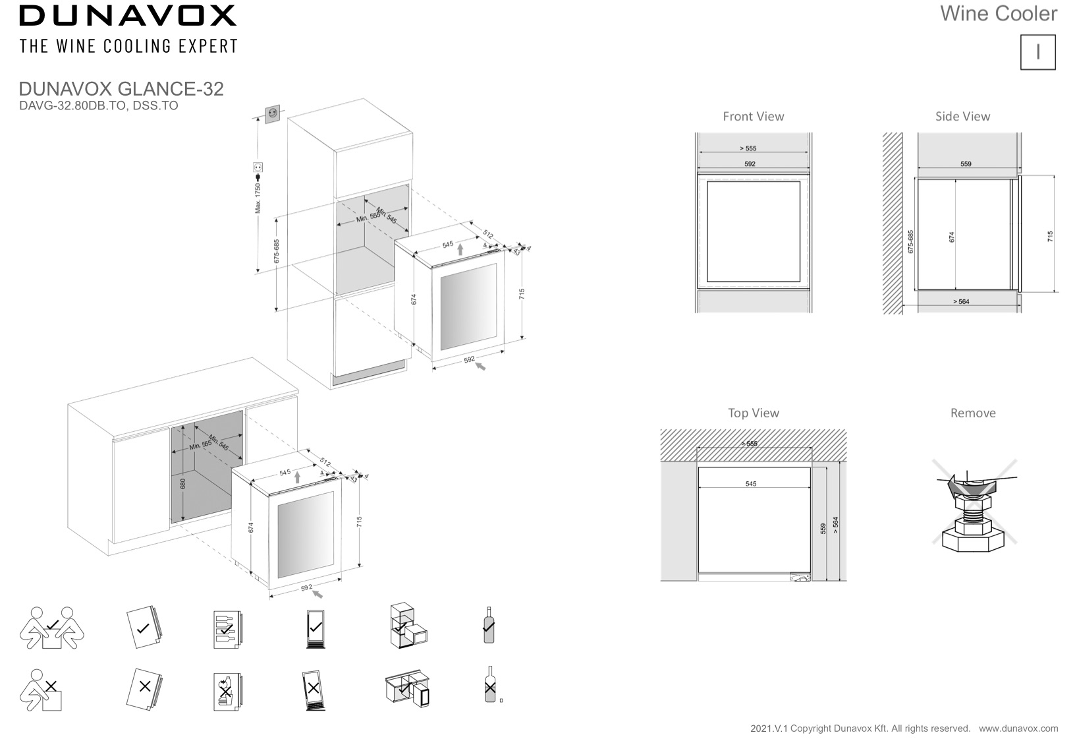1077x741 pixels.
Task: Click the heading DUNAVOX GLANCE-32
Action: [x=121, y=89]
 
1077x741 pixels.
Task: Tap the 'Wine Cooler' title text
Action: [x=998, y=14]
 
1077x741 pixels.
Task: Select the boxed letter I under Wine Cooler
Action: [x=1037, y=52]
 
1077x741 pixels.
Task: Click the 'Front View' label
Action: [x=753, y=117]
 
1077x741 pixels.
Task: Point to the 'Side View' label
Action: [x=962, y=117]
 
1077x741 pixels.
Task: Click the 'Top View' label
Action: [x=753, y=413]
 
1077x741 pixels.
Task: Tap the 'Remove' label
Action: [x=972, y=413]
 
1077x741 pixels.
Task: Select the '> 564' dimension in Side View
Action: [x=961, y=302]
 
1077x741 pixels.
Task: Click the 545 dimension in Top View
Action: [x=751, y=484]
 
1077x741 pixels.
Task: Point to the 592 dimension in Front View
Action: [x=750, y=164]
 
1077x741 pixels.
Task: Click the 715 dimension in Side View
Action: [x=1050, y=236]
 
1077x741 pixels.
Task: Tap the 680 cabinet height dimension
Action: [x=183, y=483]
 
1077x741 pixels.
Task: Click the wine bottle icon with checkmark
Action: [x=488, y=625]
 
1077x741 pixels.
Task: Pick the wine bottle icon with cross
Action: [x=489, y=686]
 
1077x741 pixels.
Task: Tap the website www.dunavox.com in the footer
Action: [x=1018, y=728]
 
